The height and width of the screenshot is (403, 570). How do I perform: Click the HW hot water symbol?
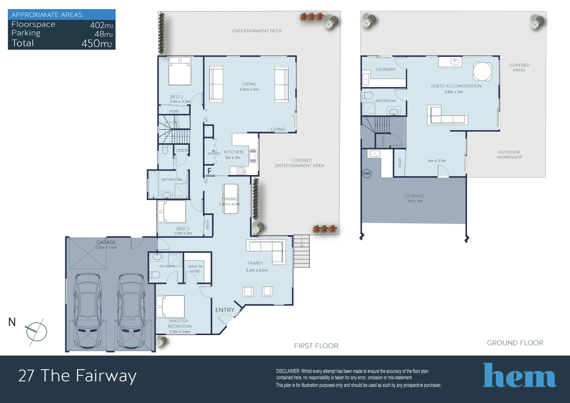pyautogui.click(x=367, y=174)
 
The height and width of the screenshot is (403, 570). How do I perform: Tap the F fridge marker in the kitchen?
pyautogui.click(x=209, y=171)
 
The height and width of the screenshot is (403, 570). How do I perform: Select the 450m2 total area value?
pyautogui.click(x=96, y=43)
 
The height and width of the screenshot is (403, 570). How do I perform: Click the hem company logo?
pyautogui.click(x=519, y=375)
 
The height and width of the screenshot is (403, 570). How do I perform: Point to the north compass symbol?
pyautogui.click(x=36, y=331)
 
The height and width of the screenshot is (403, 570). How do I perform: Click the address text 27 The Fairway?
pyautogui.click(x=77, y=375)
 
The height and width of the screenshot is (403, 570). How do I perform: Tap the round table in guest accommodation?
pyautogui.click(x=483, y=71)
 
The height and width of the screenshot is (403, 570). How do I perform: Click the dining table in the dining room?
pyautogui.click(x=231, y=199)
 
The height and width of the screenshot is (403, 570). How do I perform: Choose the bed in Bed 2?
pyautogui.click(x=180, y=71)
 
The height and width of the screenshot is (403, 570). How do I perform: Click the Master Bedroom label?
pyautogui.click(x=179, y=324)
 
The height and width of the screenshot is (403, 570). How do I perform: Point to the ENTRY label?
pyautogui.click(x=225, y=310)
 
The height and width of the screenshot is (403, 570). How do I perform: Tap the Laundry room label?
pyautogui.click(x=386, y=69)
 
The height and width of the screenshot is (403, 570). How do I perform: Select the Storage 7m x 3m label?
pyautogui.click(x=414, y=198)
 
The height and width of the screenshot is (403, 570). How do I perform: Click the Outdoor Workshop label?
pyautogui.click(x=509, y=154)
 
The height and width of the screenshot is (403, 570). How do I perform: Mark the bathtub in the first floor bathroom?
pyautogui.click(x=153, y=185)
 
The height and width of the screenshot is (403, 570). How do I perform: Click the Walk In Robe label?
pyautogui.click(x=195, y=269)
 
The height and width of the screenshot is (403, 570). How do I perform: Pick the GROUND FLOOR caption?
pyautogui.click(x=515, y=343)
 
